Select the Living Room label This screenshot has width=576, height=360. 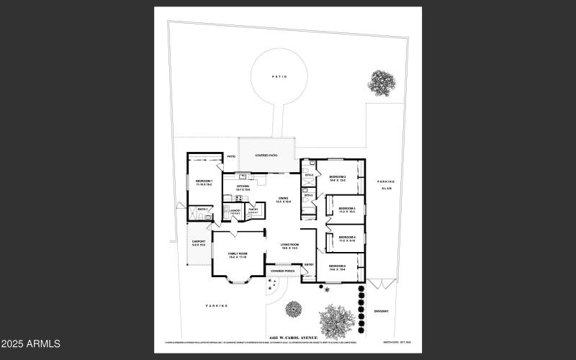289,246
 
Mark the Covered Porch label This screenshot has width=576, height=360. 282,271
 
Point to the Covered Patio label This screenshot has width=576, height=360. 266,156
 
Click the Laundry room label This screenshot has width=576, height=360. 235,211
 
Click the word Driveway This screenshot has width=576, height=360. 381,311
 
